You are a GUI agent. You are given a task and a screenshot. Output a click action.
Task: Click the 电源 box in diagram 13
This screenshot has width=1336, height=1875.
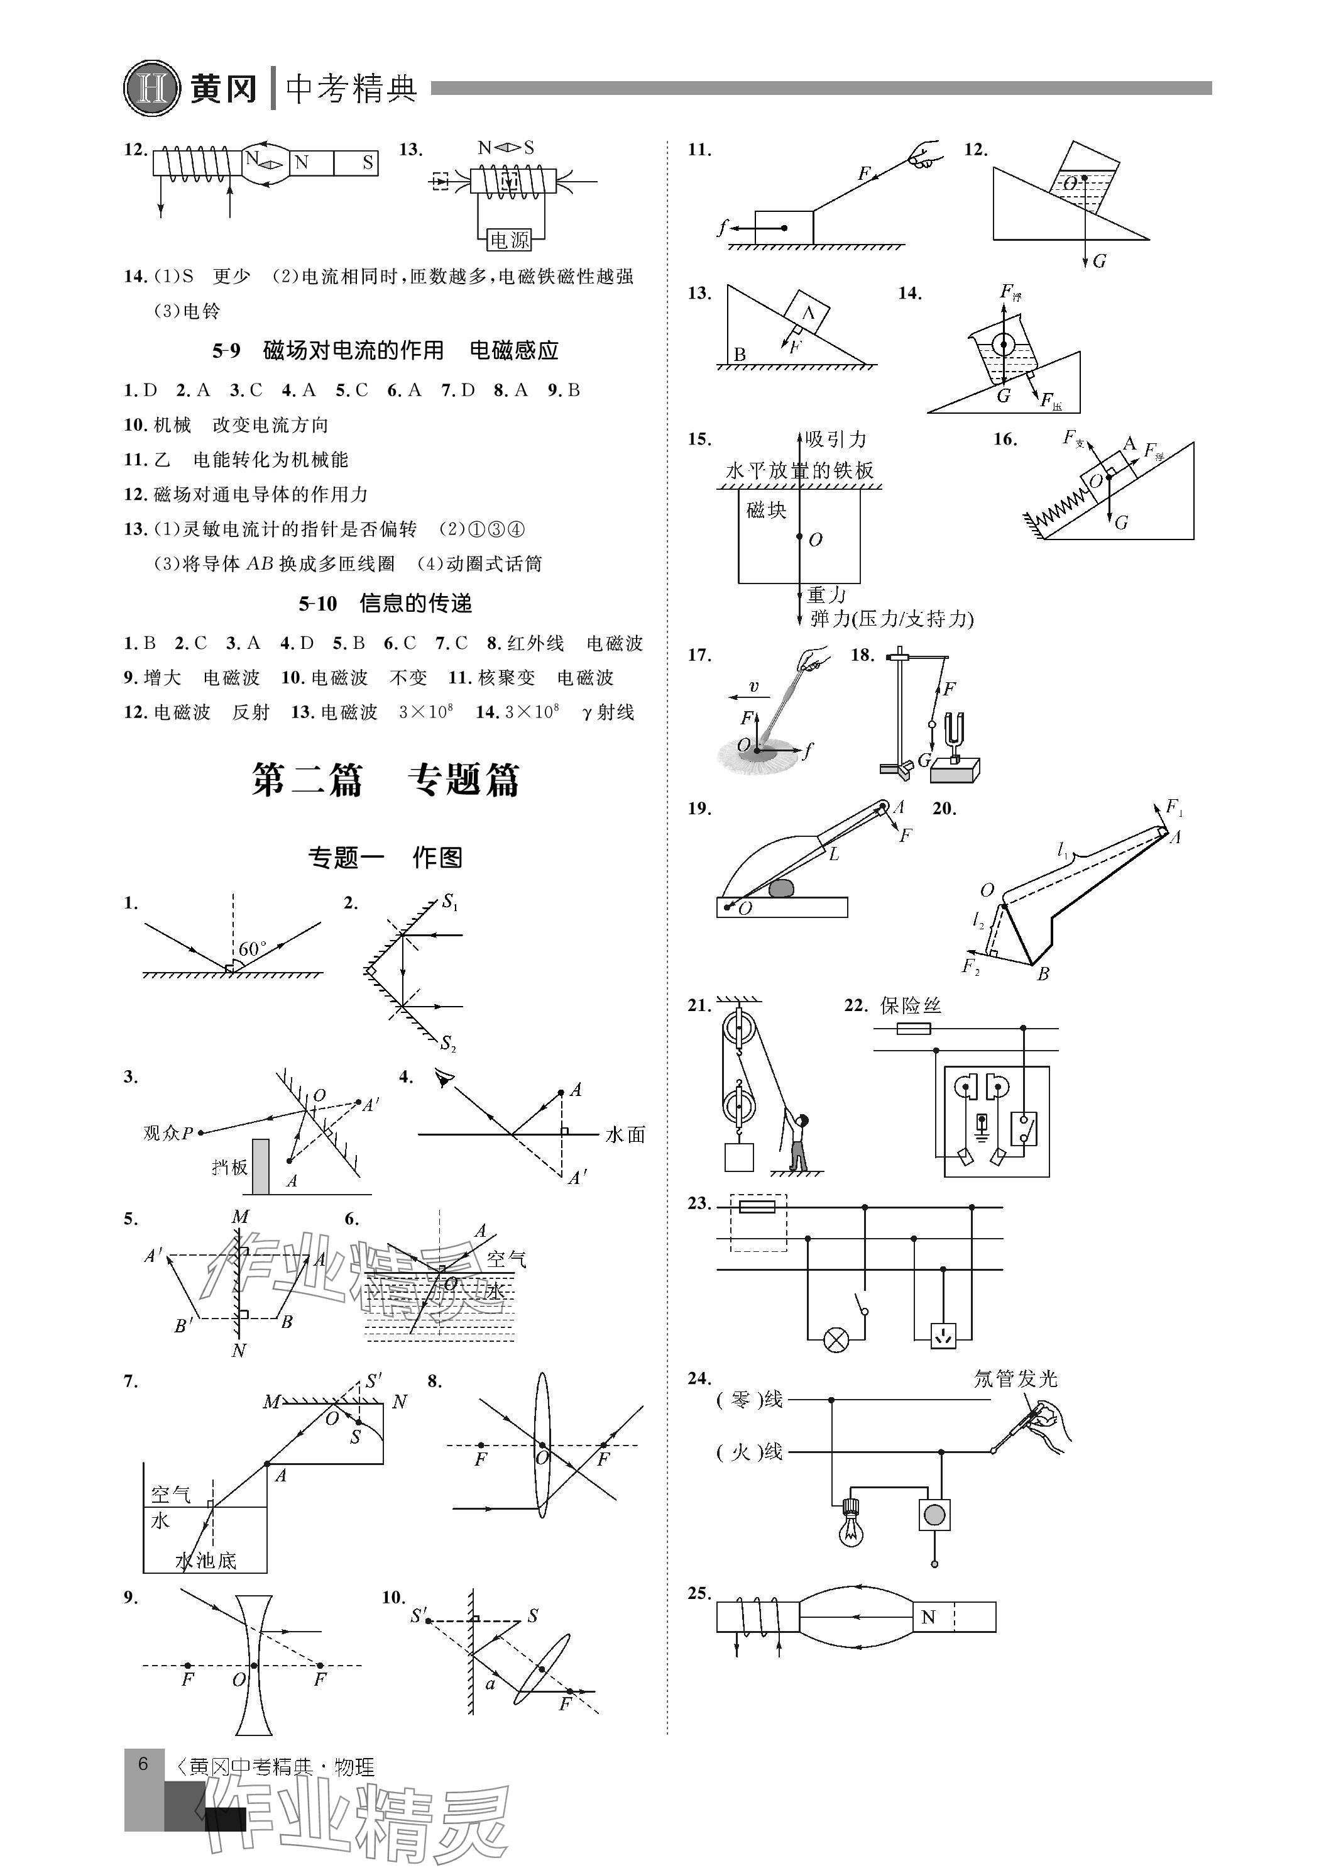point(509,240)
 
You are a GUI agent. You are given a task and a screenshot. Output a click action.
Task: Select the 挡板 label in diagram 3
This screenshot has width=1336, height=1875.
point(229,1167)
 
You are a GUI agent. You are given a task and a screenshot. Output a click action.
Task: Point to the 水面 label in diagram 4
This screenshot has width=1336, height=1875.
point(625,1135)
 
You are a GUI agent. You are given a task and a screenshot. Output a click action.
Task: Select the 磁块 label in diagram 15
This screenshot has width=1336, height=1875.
point(766,511)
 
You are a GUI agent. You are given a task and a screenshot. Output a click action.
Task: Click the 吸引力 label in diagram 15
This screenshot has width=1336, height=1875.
point(835,439)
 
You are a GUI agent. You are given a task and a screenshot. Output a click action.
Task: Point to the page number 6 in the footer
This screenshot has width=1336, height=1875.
point(143,1764)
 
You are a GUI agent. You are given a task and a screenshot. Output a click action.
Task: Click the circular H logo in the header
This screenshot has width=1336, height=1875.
point(152,88)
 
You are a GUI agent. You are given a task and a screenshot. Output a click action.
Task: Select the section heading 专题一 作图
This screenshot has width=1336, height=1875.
point(385,858)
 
